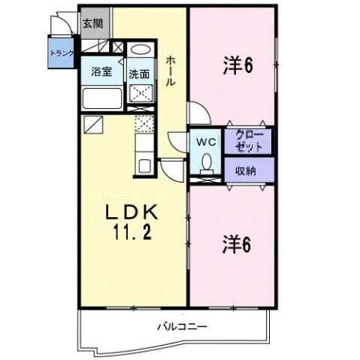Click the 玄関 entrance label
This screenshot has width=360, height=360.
[x=92, y=23]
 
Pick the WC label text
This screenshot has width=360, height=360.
[x=207, y=141]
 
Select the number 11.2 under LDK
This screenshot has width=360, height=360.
[x=133, y=233]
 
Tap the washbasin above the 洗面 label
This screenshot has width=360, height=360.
[x=138, y=52]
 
